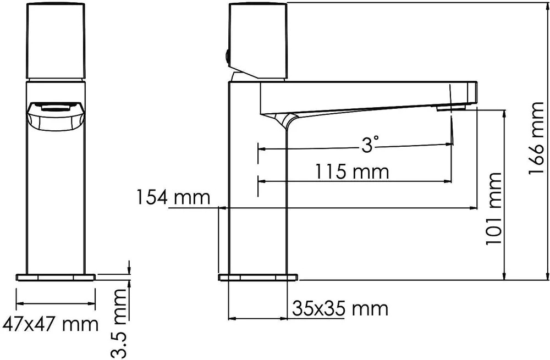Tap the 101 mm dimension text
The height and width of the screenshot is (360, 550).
click(x=494, y=209)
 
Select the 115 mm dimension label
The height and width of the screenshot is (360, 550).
click(x=352, y=172)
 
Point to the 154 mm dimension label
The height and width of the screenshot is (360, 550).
click(x=173, y=197)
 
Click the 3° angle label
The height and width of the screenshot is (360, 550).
click(x=370, y=145)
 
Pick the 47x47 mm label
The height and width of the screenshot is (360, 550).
click(x=50, y=325)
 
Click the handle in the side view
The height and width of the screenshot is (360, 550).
click(x=258, y=41)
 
